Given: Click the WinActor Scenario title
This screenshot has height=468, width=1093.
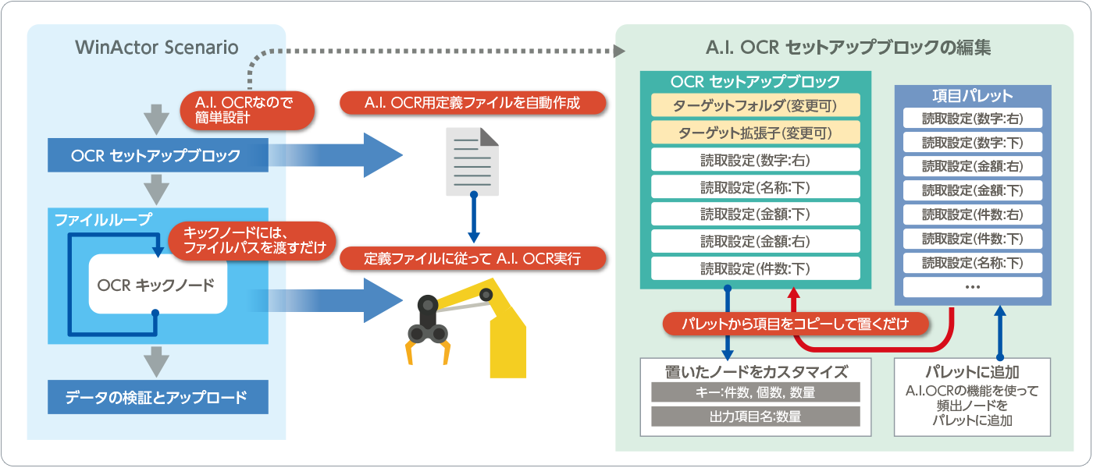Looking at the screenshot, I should pyautogui.click(x=157, y=47).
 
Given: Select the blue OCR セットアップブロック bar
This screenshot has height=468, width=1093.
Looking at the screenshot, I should pyautogui.click(x=157, y=156).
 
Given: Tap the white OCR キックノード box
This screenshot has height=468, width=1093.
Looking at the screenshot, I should pyautogui.click(x=157, y=285).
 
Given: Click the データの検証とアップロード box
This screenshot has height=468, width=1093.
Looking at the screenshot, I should pyautogui.click(x=157, y=397).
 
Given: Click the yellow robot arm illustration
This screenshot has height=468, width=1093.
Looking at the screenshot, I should pyautogui.click(x=468, y=328).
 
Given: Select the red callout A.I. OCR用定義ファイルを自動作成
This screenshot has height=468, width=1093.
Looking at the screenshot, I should pyautogui.click(x=473, y=102).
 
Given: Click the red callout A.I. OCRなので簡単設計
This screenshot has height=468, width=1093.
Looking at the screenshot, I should pyautogui.click(x=247, y=110).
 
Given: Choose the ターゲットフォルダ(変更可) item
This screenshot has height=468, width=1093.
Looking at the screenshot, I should pyautogui.click(x=755, y=105).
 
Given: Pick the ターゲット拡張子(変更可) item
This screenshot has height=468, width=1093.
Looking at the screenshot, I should pyautogui.click(x=755, y=132).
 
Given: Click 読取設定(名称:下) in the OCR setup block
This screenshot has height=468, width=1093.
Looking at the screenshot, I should pyautogui.click(x=755, y=186).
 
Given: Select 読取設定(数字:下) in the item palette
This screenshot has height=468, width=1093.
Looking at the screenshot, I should pyautogui.click(x=972, y=143).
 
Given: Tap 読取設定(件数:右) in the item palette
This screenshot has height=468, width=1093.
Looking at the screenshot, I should pyautogui.click(x=972, y=214).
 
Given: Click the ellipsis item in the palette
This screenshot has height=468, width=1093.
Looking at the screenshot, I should pyautogui.click(x=972, y=286).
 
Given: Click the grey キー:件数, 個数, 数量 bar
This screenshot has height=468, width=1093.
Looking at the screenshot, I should pyautogui.click(x=755, y=392).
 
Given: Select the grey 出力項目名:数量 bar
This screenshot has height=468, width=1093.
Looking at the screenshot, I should pyautogui.click(x=755, y=417).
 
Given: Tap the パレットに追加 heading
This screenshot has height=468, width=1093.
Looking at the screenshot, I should pyautogui.click(x=972, y=372).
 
